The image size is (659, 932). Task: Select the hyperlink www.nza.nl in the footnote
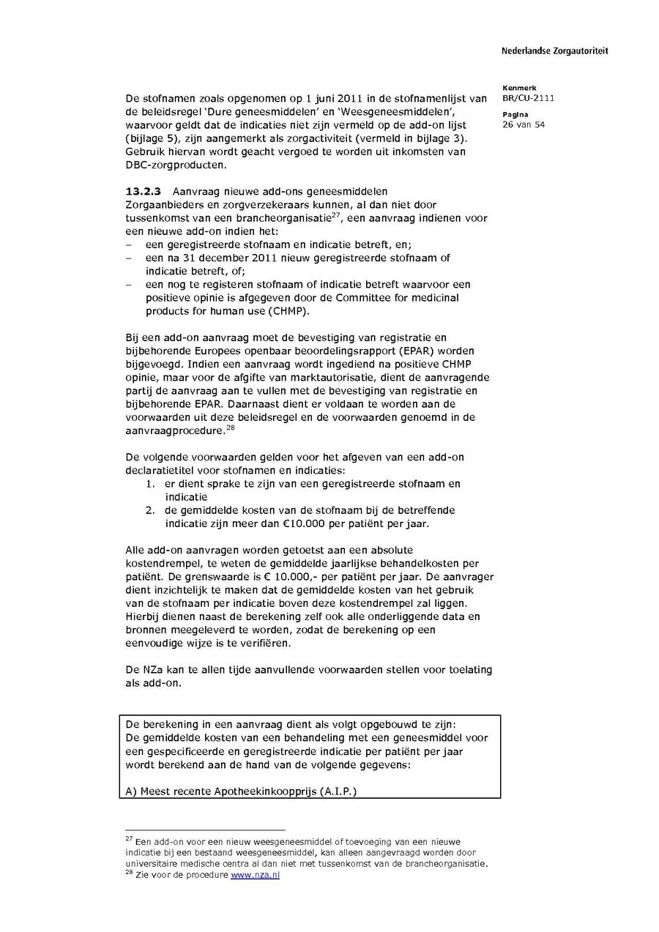tap(255, 875)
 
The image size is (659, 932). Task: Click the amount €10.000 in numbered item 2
tap(358, 523)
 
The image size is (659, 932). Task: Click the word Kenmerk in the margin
tap(519, 88)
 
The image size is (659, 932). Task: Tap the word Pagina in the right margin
tap(515, 114)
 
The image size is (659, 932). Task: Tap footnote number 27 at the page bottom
tap(128, 839)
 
